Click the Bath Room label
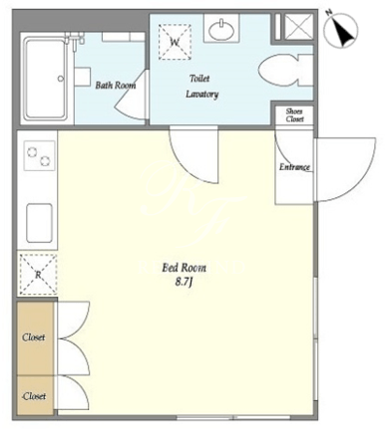click(116, 86)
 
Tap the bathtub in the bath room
click(45, 79)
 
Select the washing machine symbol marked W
click(175, 42)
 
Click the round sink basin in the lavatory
click(221, 29)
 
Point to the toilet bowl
click(285, 71)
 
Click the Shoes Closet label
click(294, 115)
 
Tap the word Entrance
click(294, 167)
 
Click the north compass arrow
click(341, 29)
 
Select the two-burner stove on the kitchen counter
click(39, 156)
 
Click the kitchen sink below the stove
click(39, 223)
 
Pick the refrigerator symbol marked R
click(38, 275)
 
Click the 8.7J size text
click(184, 283)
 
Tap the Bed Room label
click(184, 268)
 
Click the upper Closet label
click(34, 337)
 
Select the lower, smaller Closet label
click(34, 396)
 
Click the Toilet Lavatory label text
click(201, 87)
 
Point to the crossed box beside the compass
click(299, 27)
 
